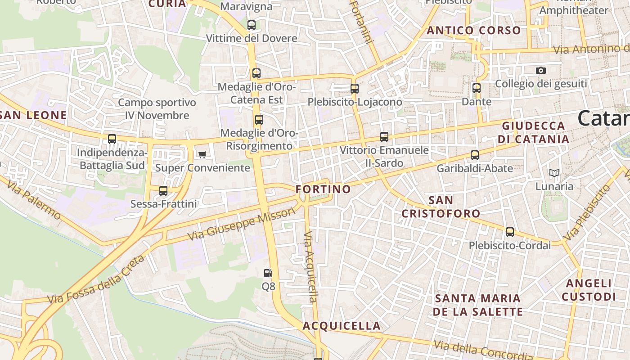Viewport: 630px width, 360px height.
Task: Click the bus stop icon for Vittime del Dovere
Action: [x=252, y=25]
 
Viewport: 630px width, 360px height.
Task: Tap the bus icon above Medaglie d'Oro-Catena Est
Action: [x=256, y=73]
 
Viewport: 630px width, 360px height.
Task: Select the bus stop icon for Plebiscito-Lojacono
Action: [x=355, y=89]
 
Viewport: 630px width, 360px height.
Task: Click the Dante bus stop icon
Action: [x=477, y=88]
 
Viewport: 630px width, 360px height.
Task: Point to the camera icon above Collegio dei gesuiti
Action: [x=541, y=70]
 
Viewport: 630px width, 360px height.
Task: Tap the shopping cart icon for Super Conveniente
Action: [x=202, y=155]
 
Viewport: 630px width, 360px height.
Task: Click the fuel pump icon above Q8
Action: [x=268, y=273]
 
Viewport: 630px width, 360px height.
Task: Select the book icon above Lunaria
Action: [x=554, y=173]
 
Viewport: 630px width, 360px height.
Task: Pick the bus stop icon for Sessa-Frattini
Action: [x=163, y=191]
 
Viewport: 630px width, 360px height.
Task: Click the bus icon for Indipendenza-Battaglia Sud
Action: [x=112, y=139]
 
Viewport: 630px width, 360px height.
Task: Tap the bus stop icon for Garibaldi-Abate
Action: [x=475, y=155]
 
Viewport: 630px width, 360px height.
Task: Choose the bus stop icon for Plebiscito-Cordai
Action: [x=510, y=232]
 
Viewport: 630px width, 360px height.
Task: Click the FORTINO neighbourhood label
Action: [x=323, y=189]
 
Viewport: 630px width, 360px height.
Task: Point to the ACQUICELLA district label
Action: [x=342, y=326]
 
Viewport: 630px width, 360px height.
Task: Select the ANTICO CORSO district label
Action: [x=473, y=31]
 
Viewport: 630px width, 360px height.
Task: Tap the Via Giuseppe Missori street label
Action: [x=242, y=224]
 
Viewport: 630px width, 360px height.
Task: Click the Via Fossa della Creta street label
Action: [x=96, y=279]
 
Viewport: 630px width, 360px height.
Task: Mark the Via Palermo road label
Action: [x=34, y=198]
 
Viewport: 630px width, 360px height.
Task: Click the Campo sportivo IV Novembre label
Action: [x=157, y=109]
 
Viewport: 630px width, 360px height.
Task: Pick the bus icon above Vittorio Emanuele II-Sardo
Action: [x=384, y=137]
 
